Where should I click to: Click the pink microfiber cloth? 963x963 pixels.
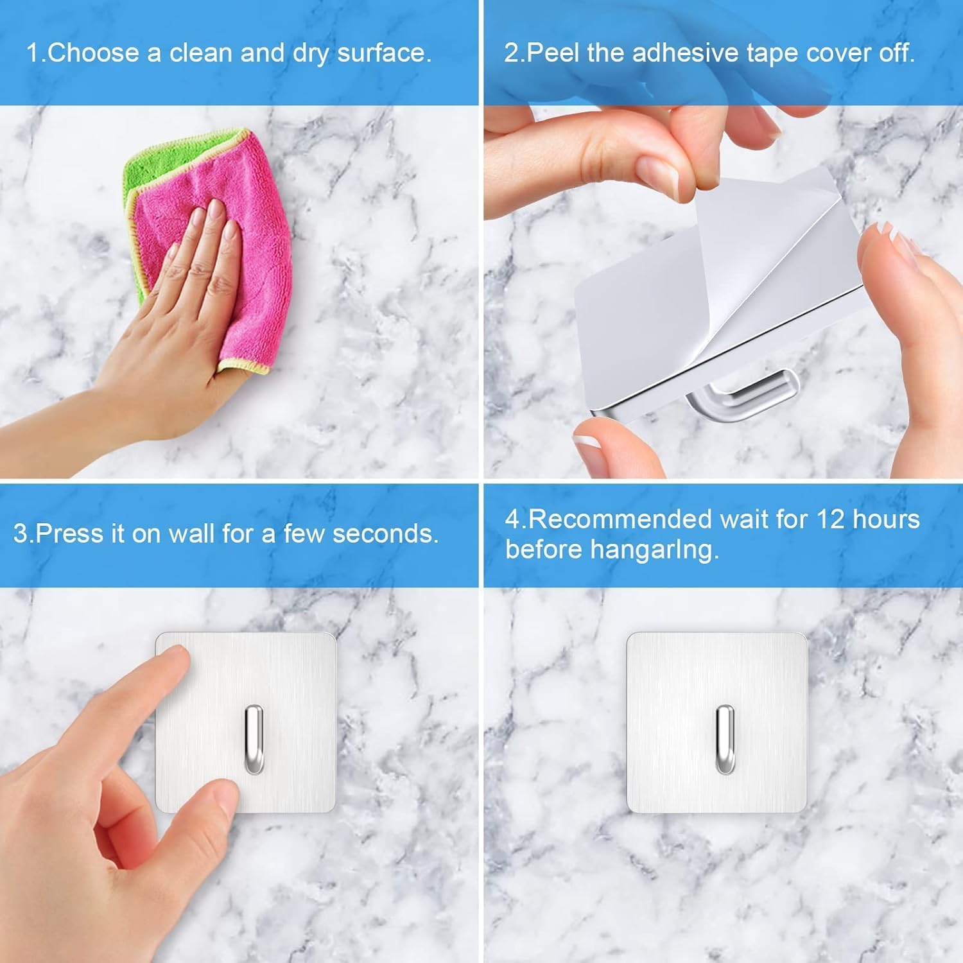click(x=257, y=257)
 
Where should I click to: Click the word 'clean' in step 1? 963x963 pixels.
click(x=202, y=53)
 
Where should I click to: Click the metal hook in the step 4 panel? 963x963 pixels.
click(x=725, y=738)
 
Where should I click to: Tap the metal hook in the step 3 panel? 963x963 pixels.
click(x=254, y=738)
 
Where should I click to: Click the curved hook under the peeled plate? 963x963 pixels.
click(x=745, y=395)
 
